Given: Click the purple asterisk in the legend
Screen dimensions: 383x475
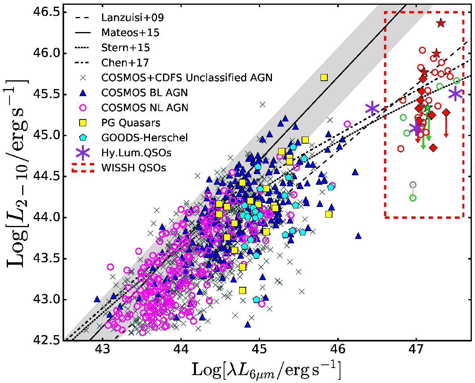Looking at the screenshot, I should tap(83, 152).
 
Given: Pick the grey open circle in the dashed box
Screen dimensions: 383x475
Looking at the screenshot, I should tap(413, 185).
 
